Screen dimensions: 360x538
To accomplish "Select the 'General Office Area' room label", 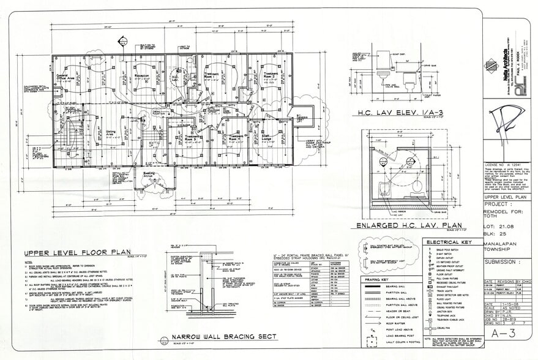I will point(66,78).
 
